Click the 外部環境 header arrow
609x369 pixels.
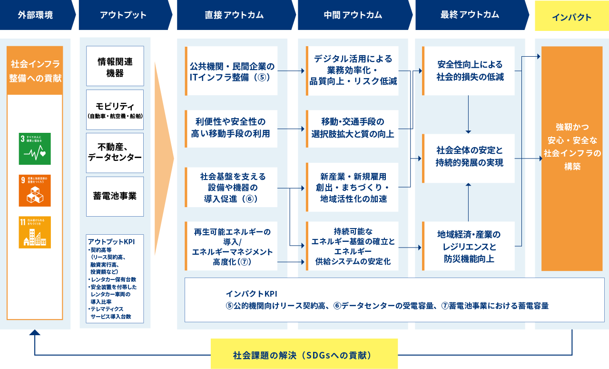(36, 15)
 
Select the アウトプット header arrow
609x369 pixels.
(124, 15)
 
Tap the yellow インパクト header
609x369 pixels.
(571, 18)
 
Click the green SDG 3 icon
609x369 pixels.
(35, 149)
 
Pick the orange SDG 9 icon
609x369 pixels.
(35, 190)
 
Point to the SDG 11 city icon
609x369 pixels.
(35, 232)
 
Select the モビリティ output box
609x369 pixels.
(115, 110)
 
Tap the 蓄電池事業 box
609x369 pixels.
(115, 196)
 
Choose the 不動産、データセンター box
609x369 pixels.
(115, 153)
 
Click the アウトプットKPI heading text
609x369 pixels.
(111, 241)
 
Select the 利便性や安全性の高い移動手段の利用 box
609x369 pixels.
(232, 127)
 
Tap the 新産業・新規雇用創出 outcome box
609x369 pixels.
(353, 187)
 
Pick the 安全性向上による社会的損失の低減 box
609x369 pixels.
(469, 70)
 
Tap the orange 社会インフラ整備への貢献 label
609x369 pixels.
(35, 70)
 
